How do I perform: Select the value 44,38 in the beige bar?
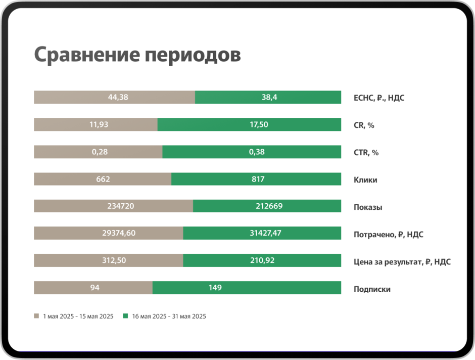[118, 97]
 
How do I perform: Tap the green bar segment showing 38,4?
[269, 97]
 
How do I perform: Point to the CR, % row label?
[364, 125]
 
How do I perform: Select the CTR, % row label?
[366, 152]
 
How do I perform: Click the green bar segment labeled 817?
[256, 179]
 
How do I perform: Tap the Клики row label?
[365, 179]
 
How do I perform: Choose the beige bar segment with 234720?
[113, 206]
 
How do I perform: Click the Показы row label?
[367, 207]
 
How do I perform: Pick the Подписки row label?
[372, 289]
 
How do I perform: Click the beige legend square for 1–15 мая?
[36, 316]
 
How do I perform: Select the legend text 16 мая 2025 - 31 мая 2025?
[169, 317]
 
